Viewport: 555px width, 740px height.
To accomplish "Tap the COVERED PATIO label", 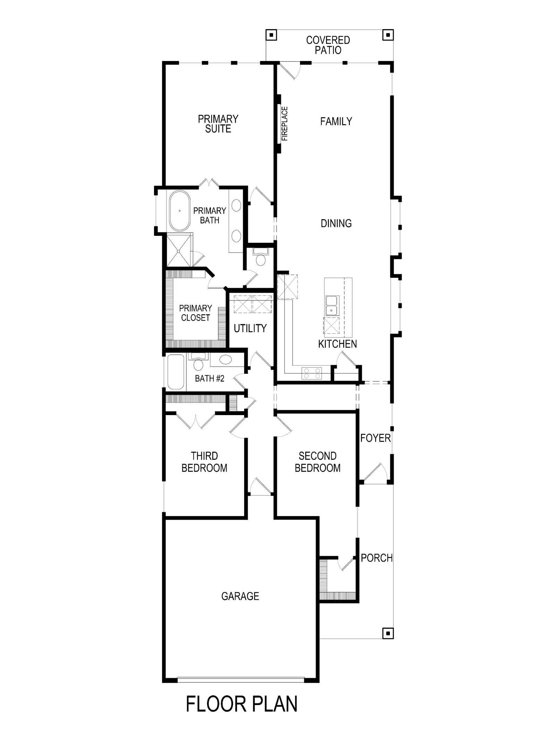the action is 328,45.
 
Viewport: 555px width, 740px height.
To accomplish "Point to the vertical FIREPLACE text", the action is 285,123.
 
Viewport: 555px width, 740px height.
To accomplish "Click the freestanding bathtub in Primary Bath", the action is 180,211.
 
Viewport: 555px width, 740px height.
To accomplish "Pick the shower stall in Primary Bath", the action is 179,250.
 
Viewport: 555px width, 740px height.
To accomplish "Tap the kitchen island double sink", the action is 332,306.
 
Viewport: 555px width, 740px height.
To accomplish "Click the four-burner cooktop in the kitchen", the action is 311,373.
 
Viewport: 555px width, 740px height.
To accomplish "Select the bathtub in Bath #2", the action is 176,372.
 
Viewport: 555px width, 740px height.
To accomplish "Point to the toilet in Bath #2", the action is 198,362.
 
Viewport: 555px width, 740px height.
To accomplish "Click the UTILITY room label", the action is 250,328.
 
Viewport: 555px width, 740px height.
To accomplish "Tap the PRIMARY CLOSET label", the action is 195,313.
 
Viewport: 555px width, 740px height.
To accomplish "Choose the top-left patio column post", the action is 271,35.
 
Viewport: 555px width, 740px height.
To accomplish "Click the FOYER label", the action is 375,438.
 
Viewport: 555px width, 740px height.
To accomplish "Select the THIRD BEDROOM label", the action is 204,462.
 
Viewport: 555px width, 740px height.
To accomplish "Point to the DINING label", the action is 336,223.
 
